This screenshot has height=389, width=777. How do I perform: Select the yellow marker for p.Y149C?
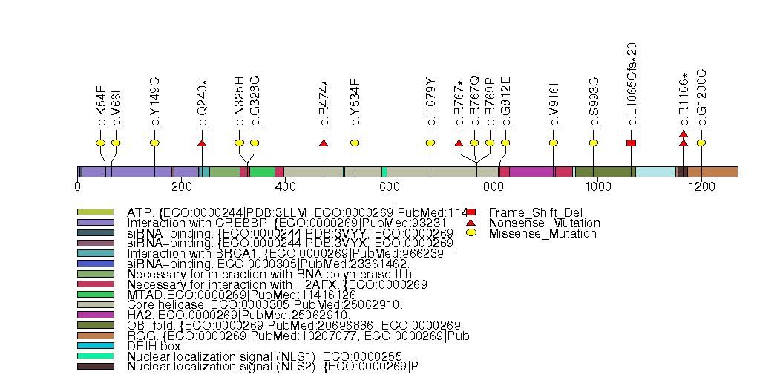click(154, 143)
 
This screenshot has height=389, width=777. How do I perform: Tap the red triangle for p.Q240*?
click(202, 143)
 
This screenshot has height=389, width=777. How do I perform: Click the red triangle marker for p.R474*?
click(324, 143)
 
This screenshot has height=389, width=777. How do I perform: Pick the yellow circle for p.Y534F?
click(355, 143)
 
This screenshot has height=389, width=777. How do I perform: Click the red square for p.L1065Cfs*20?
click(631, 143)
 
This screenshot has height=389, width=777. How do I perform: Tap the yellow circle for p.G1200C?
click(701, 143)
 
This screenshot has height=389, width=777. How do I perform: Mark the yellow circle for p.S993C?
click(594, 143)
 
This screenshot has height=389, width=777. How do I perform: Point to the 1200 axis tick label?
click(701, 186)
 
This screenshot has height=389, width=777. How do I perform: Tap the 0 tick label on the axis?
click(78, 186)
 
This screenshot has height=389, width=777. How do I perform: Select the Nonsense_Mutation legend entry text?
click(544, 223)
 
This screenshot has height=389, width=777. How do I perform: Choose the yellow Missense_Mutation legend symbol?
click(471, 233)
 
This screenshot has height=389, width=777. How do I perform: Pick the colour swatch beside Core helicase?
click(96, 304)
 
